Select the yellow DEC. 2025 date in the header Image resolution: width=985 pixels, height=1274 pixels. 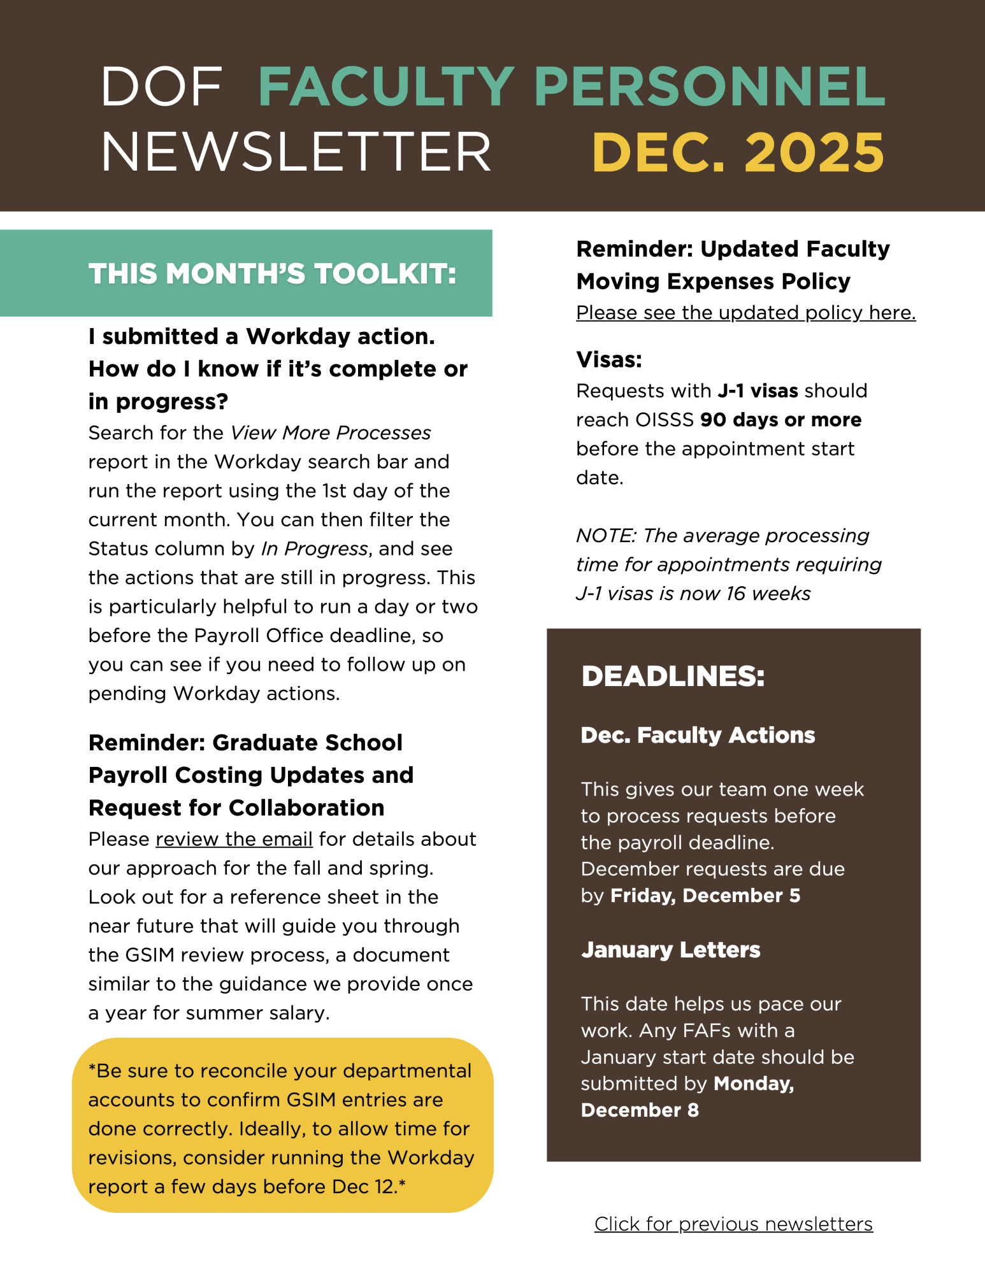(x=738, y=153)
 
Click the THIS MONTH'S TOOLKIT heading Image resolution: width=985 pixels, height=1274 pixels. (x=272, y=274)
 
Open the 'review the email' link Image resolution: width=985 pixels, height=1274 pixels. (x=234, y=840)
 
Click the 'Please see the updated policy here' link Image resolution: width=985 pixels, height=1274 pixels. (x=745, y=313)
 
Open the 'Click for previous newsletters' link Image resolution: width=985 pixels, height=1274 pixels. (x=733, y=1224)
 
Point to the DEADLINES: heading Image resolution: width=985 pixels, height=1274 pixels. (x=673, y=676)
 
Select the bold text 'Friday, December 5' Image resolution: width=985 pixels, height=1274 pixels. (x=705, y=896)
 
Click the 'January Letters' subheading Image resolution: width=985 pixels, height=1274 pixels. (x=670, y=950)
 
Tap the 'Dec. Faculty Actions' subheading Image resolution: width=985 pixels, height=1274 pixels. (x=698, y=735)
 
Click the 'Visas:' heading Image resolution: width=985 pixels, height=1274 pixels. (x=608, y=360)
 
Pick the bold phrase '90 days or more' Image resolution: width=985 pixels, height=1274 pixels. (x=780, y=420)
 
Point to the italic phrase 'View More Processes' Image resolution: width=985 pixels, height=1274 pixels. (x=331, y=433)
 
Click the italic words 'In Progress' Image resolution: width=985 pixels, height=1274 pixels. (x=314, y=549)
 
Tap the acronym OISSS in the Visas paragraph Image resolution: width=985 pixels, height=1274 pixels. (x=665, y=420)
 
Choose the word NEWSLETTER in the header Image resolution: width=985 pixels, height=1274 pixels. (x=296, y=153)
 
